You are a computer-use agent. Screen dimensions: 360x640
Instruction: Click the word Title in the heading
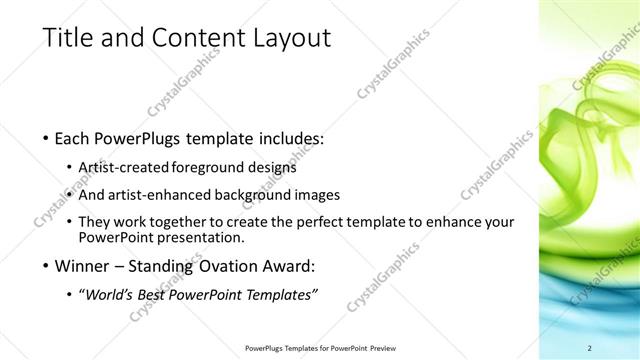click(x=68, y=39)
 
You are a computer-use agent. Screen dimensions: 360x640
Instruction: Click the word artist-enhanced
click(x=166, y=195)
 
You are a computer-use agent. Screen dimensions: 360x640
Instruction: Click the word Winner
click(x=81, y=266)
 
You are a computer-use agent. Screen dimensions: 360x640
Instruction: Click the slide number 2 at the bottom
click(x=590, y=348)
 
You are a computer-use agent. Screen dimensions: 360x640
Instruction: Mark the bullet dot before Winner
click(x=46, y=267)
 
